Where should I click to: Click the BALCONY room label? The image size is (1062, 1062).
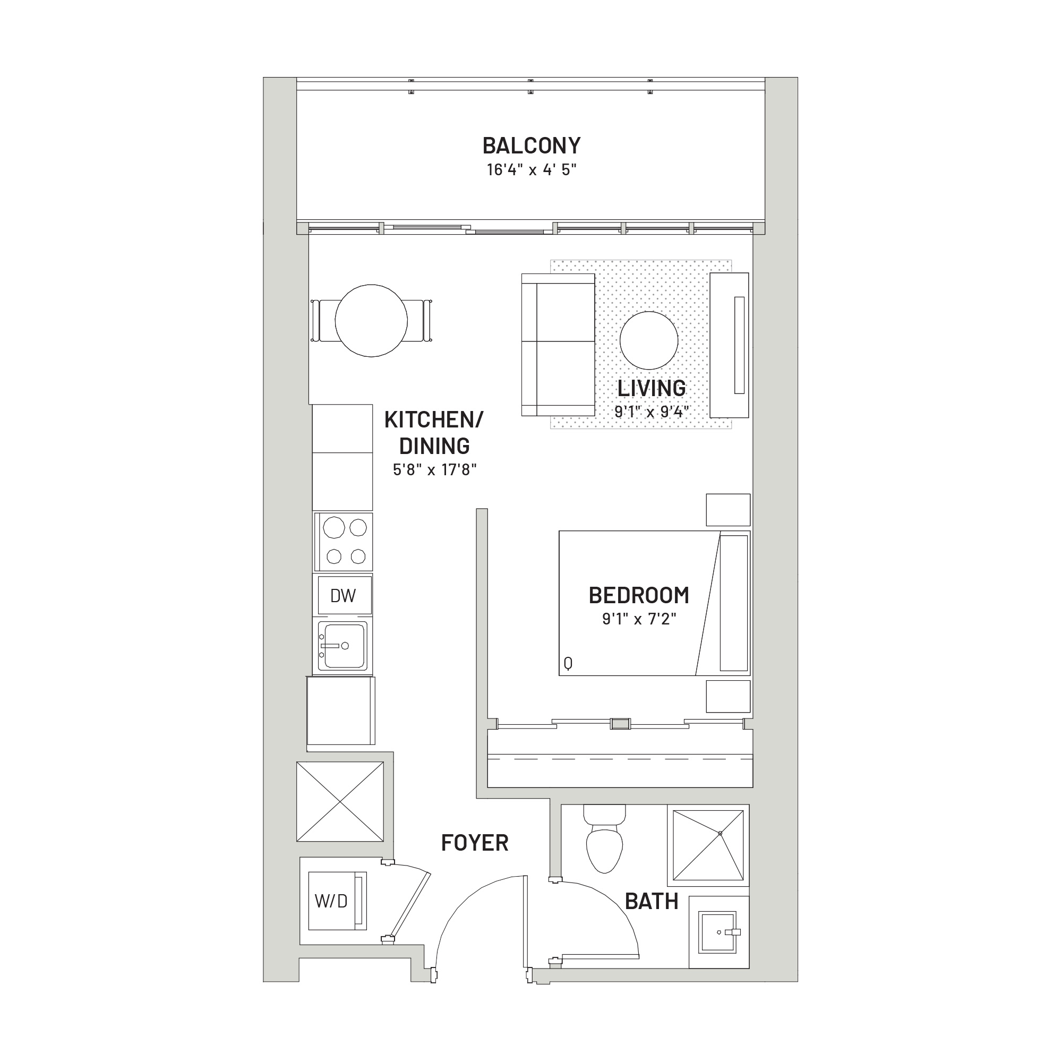pos(531,145)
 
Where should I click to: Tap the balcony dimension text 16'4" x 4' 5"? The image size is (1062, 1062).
pos(531,170)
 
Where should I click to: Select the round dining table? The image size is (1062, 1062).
pos(371,321)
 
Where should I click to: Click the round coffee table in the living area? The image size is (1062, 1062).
pos(649,340)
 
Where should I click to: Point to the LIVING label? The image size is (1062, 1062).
pos(652,388)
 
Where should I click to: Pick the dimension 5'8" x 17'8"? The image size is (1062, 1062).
pos(434,469)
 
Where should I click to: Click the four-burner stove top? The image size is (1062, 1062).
pos(343,542)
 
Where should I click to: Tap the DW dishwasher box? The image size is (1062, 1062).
pos(342,595)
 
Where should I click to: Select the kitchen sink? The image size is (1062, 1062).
pos(343,645)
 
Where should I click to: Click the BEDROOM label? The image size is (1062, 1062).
pos(639,595)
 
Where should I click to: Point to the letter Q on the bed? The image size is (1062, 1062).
pos(568,663)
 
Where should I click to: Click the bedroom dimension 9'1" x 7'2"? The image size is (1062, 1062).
pos(639,619)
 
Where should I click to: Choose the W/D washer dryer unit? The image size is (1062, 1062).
pos(337,901)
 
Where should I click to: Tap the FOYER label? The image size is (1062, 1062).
pos(475,843)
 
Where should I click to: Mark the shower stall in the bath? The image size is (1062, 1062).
pos(708,845)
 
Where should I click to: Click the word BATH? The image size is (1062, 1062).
pos(652,902)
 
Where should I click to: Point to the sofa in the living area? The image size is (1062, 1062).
pos(558,345)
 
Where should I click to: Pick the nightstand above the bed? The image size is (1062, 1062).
pos(728,510)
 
